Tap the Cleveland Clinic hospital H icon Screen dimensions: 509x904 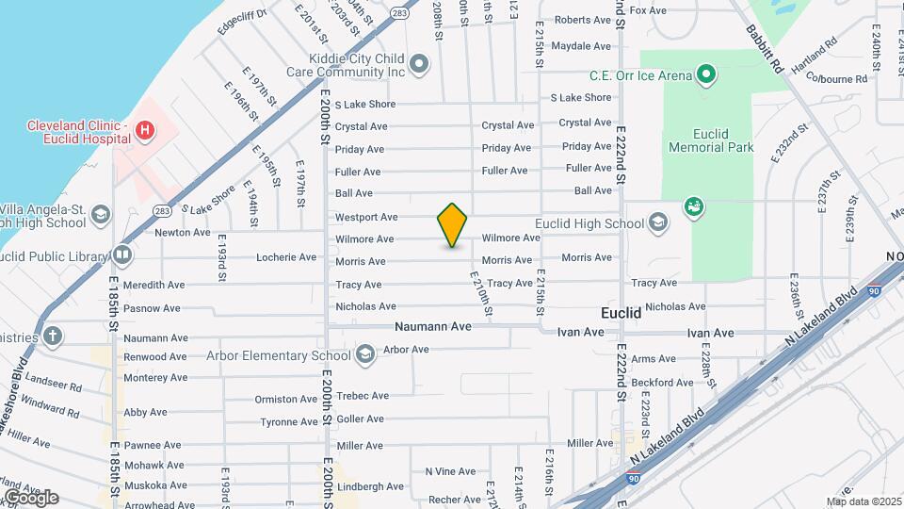(144, 131)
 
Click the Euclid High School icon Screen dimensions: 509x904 (658, 223)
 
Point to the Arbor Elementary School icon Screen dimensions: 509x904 (364, 355)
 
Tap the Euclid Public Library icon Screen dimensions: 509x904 (122, 254)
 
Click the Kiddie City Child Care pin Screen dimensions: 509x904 (419, 65)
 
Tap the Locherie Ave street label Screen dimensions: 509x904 (286, 257)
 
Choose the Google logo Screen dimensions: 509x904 (31, 498)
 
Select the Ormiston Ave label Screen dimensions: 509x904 (286, 399)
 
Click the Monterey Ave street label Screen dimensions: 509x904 (155, 378)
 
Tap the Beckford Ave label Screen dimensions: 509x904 (663, 383)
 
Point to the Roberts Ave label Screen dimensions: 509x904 (582, 20)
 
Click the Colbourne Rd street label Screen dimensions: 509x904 (836, 79)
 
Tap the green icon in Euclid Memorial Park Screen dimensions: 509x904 (694, 206)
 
